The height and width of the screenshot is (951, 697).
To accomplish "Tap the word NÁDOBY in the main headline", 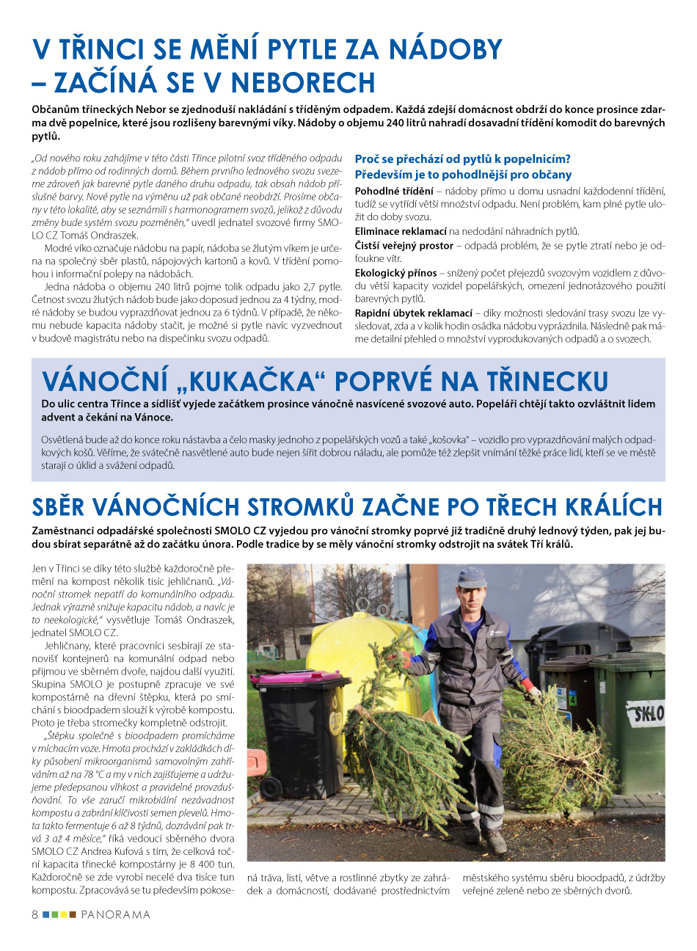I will point(445,49).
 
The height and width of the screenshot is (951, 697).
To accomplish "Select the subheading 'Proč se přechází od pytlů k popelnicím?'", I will point(462,159).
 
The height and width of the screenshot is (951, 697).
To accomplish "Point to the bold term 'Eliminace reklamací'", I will point(401,231).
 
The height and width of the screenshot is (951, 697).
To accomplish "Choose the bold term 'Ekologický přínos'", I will point(395,272).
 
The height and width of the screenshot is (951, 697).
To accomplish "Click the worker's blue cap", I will point(471,577).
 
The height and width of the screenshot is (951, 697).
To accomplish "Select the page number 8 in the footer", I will point(34,915).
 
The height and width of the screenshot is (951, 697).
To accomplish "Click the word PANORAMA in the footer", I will point(115,915).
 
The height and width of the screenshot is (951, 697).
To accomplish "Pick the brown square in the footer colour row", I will point(73,915).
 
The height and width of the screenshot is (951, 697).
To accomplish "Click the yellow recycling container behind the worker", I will point(345,646).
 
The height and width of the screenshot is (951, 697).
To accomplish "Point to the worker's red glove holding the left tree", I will point(401,658).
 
